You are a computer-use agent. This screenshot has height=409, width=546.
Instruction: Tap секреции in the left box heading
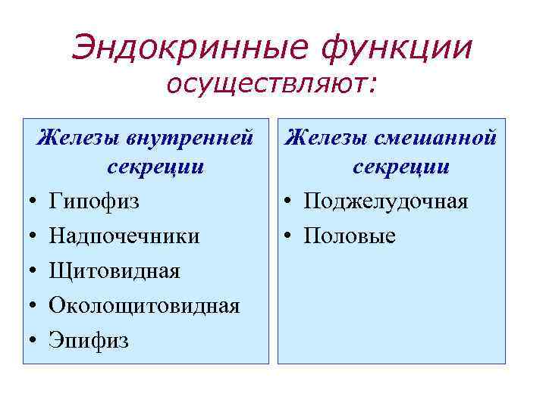[x=155, y=167]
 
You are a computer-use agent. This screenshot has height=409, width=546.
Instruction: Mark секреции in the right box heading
[x=400, y=167]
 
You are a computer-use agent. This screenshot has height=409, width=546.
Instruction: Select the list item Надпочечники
[x=124, y=236]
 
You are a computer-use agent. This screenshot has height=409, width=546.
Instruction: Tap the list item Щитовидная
[x=115, y=271]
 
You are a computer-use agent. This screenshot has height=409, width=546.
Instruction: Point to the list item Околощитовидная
[x=144, y=306]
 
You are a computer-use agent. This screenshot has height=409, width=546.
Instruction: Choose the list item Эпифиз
[x=89, y=341]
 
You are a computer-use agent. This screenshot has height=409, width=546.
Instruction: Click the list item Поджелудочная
[x=386, y=202]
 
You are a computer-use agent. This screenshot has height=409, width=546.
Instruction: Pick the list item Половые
[x=350, y=236]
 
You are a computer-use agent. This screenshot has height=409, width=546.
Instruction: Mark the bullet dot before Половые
[x=290, y=237]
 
